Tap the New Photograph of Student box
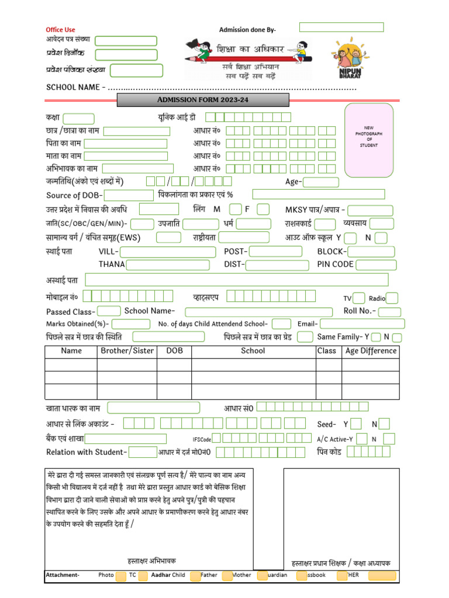click(369, 140)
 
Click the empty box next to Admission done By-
click(341, 27)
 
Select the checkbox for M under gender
click(235, 209)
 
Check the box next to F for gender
click(263, 209)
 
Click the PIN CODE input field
click(376, 265)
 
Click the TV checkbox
click(360, 298)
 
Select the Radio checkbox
click(392, 298)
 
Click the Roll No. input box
click(389, 312)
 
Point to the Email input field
click(362, 324)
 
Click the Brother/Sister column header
click(127, 351)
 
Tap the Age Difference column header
click(371, 351)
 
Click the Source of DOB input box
click(128, 195)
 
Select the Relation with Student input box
click(143, 452)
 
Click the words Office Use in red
click(61, 30)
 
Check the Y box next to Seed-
click(356, 424)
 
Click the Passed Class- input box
click(109, 311)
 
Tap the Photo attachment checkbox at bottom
click(120, 576)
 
